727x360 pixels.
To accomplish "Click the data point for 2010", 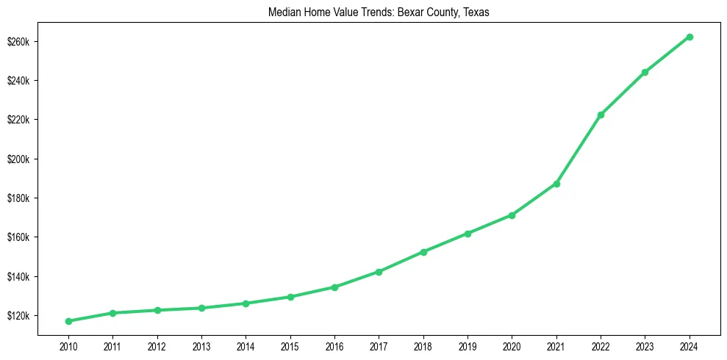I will click(x=68, y=321).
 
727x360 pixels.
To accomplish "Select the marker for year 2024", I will click(x=690, y=37).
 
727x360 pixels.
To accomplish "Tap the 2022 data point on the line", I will click(x=601, y=115).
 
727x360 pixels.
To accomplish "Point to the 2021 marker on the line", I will click(x=556, y=184).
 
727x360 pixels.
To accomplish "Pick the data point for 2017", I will click(x=379, y=272).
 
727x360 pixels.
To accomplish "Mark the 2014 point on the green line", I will click(x=246, y=303).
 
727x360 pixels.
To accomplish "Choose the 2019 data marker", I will click(x=468, y=234).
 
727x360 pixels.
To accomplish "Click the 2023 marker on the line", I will click(x=645, y=72).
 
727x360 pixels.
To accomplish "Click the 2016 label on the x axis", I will click(x=334, y=345).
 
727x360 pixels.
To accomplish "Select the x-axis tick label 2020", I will click(x=512, y=345).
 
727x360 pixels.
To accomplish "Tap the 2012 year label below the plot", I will click(x=157, y=345).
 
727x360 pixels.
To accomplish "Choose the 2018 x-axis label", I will click(x=423, y=345).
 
